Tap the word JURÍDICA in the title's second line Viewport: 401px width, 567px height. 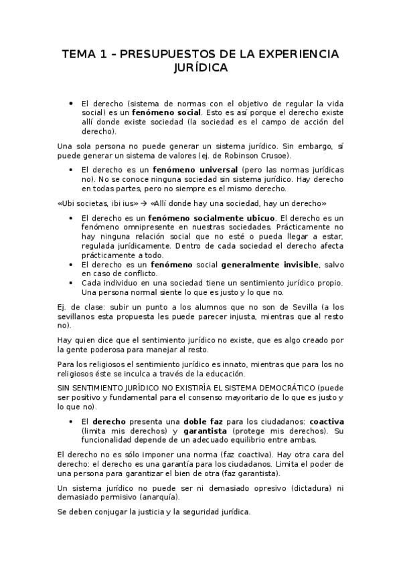click(199, 68)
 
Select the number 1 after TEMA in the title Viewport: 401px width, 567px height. click(98, 54)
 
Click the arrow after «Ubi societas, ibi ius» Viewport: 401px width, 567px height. click(144, 202)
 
